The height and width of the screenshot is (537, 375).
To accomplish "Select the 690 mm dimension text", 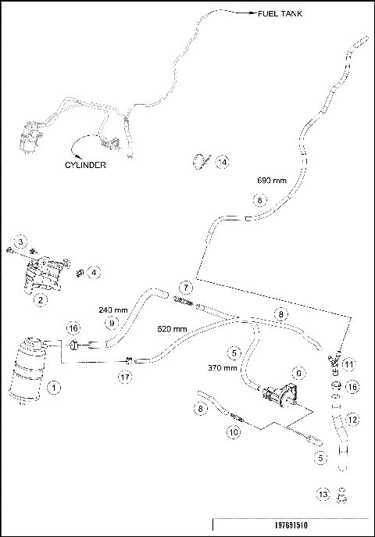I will tap(272, 181).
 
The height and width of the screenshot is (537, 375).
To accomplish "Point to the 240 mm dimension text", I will tap(114, 309).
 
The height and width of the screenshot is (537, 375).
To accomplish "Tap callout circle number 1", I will tap(54, 386).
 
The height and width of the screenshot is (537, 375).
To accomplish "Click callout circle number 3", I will tap(22, 240).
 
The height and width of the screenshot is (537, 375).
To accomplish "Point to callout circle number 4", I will tap(94, 273).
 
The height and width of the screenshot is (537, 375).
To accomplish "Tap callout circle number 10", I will tap(232, 431).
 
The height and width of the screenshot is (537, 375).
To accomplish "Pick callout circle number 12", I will tap(352, 421).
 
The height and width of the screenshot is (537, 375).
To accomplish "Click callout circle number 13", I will tap(323, 493).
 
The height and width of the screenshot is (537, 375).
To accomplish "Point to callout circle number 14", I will tap(223, 162).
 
